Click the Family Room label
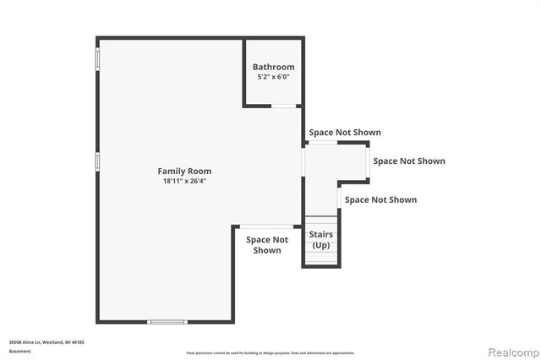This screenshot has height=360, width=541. pyautogui.click(x=183, y=171)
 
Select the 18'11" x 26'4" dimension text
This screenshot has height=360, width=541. pyautogui.click(x=183, y=181)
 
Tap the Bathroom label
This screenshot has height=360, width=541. pyautogui.click(x=274, y=67)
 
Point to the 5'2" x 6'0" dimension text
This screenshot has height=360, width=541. pyautogui.click(x=274, y=77)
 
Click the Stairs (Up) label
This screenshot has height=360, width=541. pyautogui.click(x=321, y=240)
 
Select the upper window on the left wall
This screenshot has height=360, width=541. pyautogui.click(x=98, y=58)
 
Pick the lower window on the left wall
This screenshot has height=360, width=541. pyautogui.click(x=98, y=161)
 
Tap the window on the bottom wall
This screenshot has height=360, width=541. pyautogui.click(x=167, y=321)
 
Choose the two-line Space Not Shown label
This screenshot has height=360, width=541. pyautogui.click(x=267, y=244)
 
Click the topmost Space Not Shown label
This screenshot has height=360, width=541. pyautogui.click(x=344, y=133)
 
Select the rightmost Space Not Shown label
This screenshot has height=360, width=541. pyautogui.click(x=409, y=161)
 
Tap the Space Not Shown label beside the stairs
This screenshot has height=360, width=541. pyautogui.click(x=380, y=200)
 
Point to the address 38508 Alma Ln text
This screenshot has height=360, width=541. pyautogui.click(x=46, y=342)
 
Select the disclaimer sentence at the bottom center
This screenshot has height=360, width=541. pyautogui.click(x=270, y=352)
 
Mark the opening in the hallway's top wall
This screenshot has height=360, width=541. pyautogui.click(x=324, y=142)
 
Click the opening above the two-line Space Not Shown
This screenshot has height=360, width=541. pyautogui.click(x=268, y=226)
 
